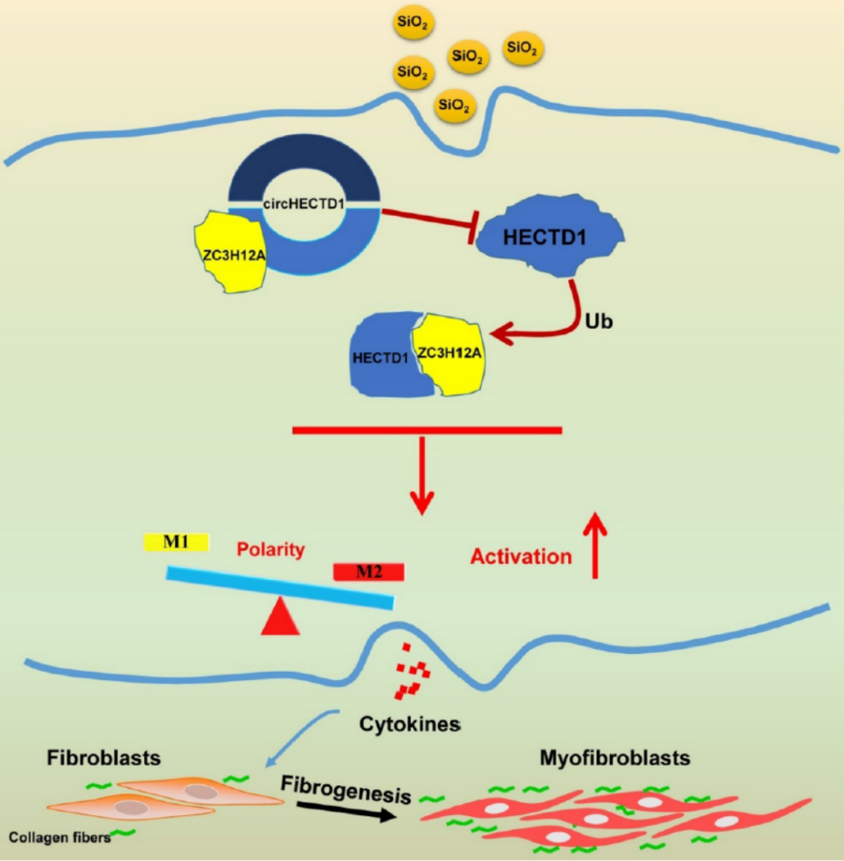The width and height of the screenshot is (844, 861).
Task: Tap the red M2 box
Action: point(368,571)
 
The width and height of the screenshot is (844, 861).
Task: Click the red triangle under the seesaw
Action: point(279,619)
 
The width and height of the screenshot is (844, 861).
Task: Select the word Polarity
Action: point(271,549)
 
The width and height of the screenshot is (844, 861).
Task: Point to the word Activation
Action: point(521,557)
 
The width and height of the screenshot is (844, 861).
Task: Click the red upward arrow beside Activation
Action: point(595,545)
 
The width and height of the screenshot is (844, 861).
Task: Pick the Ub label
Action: point(599,320)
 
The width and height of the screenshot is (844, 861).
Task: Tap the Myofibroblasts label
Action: point(615,757)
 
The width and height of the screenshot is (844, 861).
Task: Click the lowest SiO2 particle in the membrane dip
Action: point(454,105)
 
